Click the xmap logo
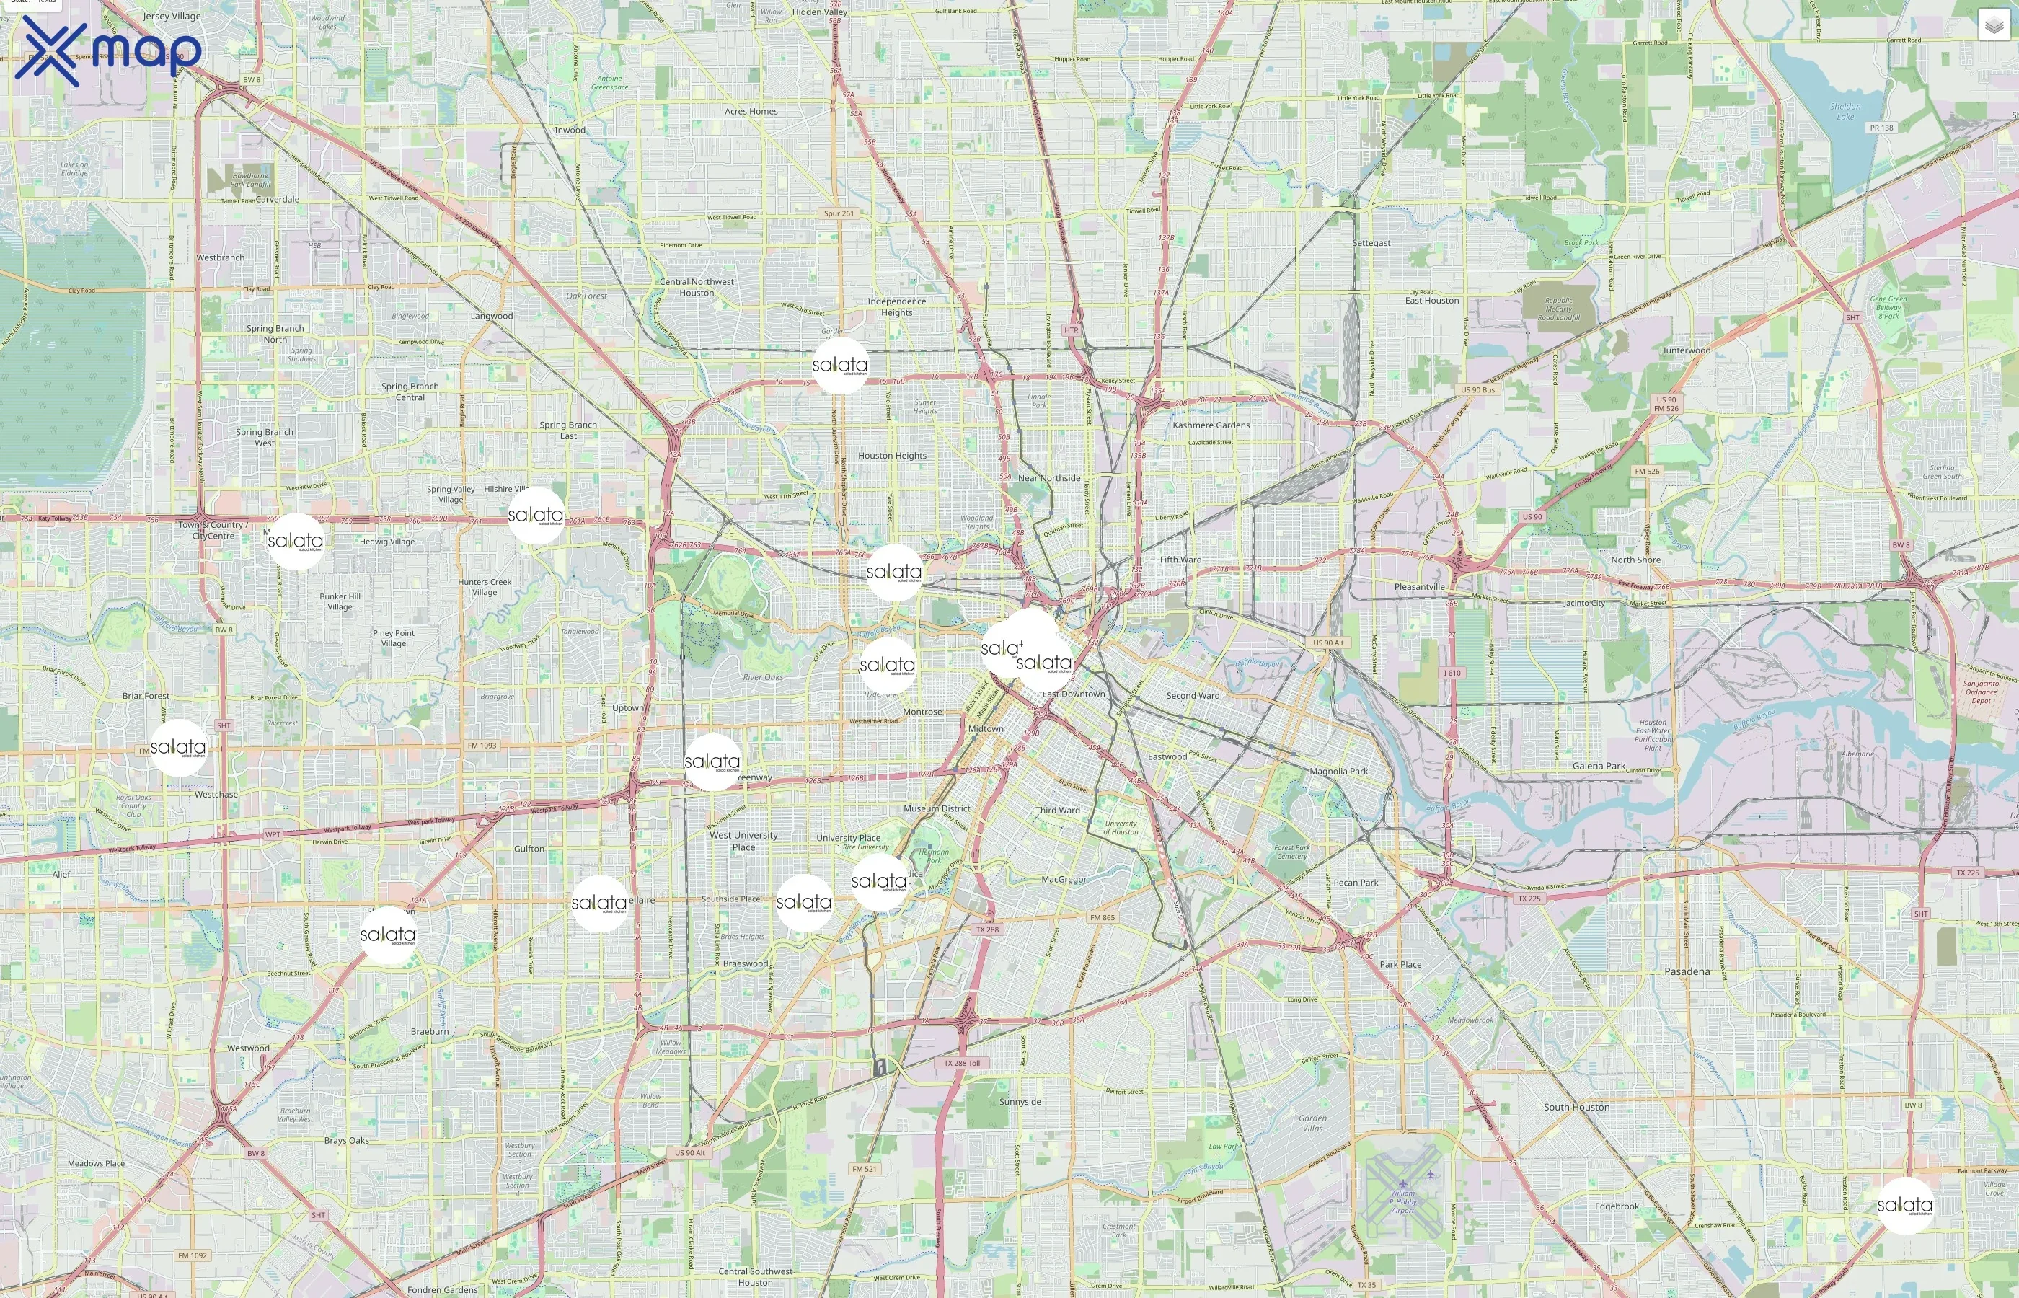tap(108, 50)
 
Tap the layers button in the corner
tap(1994, 26)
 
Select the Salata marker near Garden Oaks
tap(840, 366)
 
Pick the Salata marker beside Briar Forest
tap(178, 748)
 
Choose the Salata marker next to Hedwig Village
tap(295, 541)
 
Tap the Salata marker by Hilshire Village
tap(536, 515)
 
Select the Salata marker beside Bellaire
tap(599, 904)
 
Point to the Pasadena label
tap(1687, 971)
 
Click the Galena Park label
tap(1599, 766)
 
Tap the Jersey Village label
tap(172, 16)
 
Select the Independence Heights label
tap(896, 306)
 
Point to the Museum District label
tap(936, 808)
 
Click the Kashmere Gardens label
tap(1211, 425)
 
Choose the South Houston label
tap(1576, 1107)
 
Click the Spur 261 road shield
tap(839, 213)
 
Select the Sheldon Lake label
tap(1845, 111)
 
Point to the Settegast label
tap(1371, 243)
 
